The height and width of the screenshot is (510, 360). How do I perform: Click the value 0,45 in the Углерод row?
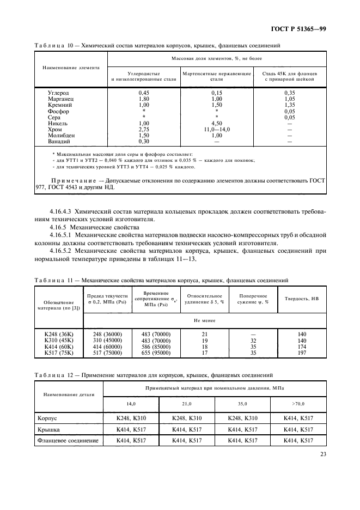pos(144,93)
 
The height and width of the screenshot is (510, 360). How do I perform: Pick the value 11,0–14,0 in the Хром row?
pos(216,130)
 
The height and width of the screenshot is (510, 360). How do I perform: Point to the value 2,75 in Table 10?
pos(144,130)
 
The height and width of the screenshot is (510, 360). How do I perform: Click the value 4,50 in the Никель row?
pos(216,123)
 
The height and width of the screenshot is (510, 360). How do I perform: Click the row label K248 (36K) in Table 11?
pos(58,333)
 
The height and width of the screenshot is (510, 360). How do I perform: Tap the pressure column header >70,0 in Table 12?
pos(298,404)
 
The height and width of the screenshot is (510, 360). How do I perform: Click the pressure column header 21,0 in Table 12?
pos(187,404)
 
